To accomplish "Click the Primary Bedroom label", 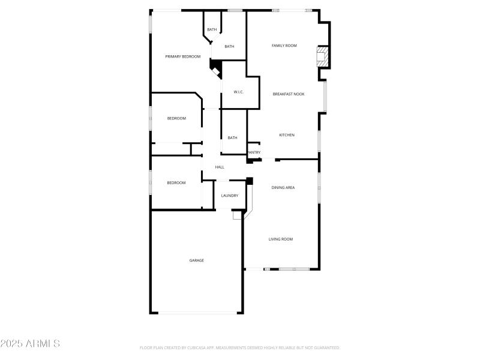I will coord(183,56).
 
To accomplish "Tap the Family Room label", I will coord(284,46).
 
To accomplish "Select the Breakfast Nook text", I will coord(289,94).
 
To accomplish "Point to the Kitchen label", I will coord(287,135).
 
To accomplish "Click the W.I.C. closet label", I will coord(238,92).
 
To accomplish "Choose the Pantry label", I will coord(254,152).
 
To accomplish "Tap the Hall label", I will coord(220,167).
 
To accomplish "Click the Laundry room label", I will coord(230,196).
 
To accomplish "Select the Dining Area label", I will coord(283,188).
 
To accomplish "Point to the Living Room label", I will coord(281,239).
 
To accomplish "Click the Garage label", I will coord(197,260).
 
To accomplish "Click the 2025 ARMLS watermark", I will coord(30,344).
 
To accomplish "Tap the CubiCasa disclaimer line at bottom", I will coord(240,347).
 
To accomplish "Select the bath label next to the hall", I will coord(232,138).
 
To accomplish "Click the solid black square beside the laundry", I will coord(250,180).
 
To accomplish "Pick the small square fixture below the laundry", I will coord(236,214).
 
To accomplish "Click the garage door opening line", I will coord(197,313).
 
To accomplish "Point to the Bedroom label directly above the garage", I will coord(176,183).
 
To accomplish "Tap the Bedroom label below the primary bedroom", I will coord(176,118).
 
